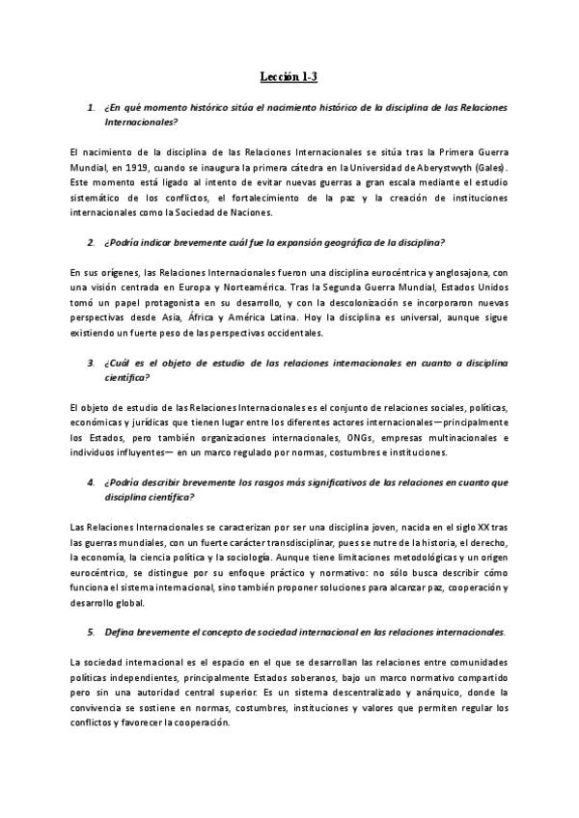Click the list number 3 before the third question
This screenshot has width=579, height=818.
(x=91, y=363)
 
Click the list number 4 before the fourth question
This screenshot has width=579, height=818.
(x=91, y=483)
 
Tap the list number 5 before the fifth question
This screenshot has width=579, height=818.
(x=91, y=634)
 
